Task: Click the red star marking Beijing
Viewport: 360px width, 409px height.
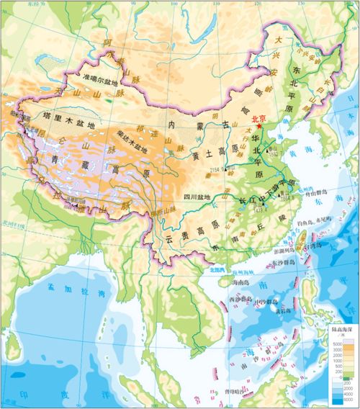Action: point(258,126)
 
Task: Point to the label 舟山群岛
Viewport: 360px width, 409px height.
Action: point(315,192)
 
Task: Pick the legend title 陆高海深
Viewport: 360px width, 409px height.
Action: point(340,326)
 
